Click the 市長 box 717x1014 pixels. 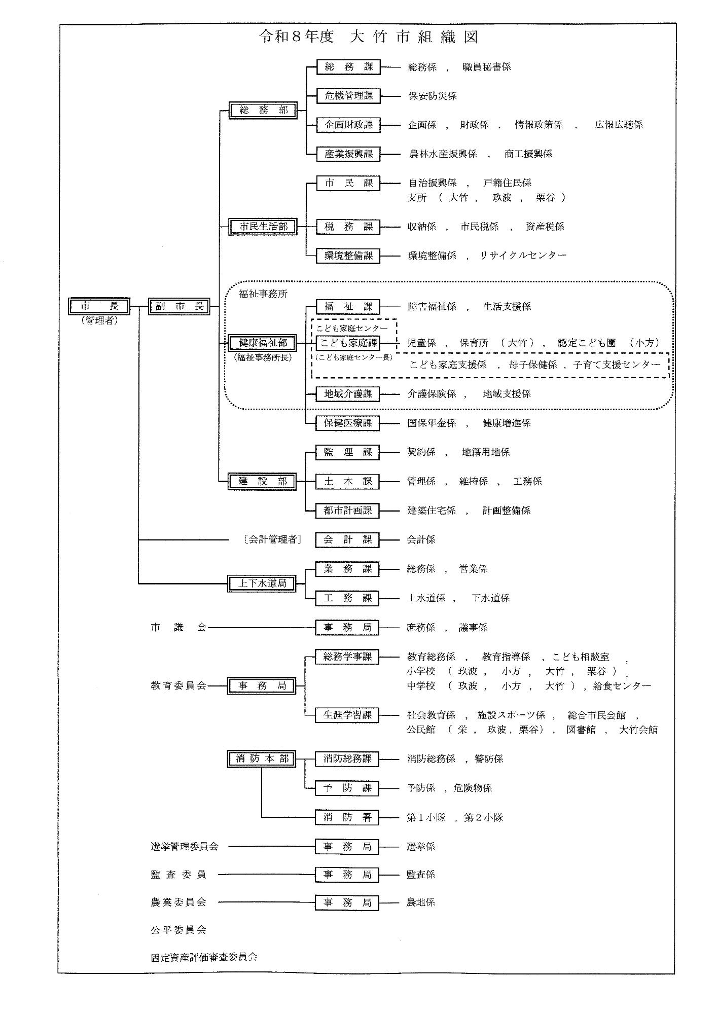(x=99, y=307)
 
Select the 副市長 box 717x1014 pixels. (x=180, y=307)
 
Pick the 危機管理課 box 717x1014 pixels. (x=348, y=96)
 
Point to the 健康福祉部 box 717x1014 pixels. (x=263, y=343)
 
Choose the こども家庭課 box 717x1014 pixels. (x=348, y=343)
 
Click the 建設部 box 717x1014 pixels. (x=263, y=482)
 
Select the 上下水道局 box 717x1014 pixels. (x=262, y=584)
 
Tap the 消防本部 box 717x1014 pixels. (x=262, y=759)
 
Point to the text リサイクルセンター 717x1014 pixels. (x=523, y=256)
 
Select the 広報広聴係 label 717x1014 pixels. (x=619, y=125)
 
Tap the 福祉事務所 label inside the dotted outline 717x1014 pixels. (x=263, y=294)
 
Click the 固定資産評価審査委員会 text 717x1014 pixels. (x=204, y=957)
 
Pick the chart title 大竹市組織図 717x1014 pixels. (x=413, y=38)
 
